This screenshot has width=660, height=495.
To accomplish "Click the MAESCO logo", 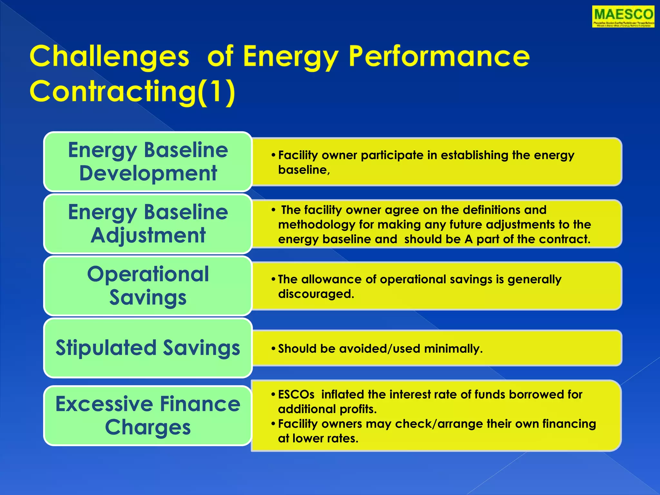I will pos(623,16).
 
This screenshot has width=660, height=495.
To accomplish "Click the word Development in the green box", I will pos(148,173).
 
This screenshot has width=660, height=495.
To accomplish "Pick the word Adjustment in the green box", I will pos(148,235).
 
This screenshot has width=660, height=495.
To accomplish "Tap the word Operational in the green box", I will pos(148,274).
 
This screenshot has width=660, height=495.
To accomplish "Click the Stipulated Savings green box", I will pos(148,348).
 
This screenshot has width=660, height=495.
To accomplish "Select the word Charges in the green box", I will pos(148,427).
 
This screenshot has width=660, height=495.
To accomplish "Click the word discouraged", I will pos(316,294).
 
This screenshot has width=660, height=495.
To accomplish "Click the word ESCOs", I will pos(296,394).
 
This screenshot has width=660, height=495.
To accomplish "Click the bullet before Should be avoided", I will pos(273,349).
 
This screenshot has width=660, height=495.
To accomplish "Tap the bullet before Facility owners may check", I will pos(273,424).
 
